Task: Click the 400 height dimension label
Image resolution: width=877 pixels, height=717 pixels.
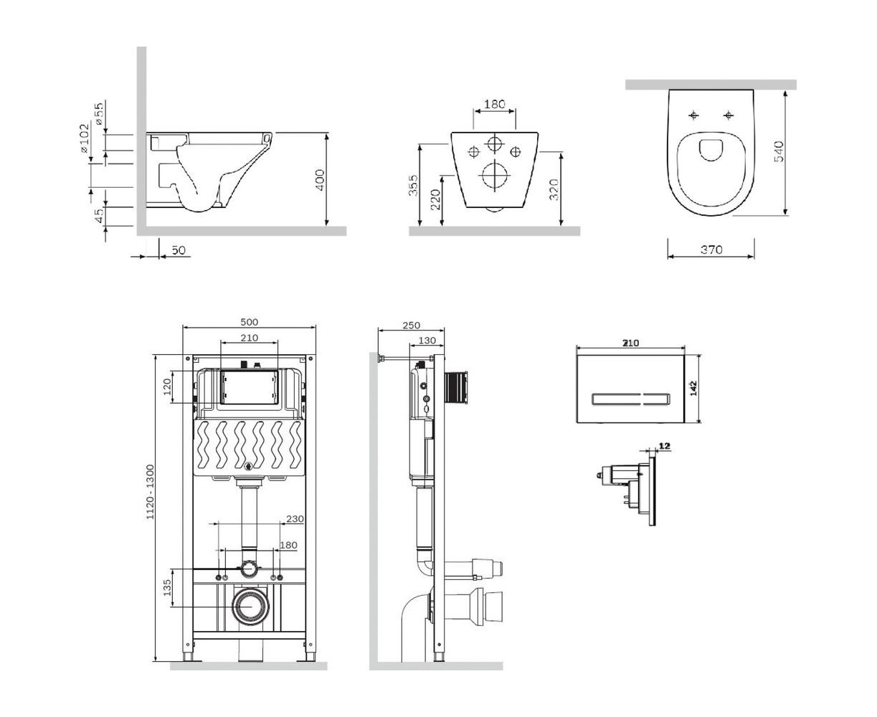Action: coord(320,180)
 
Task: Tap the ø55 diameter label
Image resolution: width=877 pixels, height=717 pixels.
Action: coord(98,114)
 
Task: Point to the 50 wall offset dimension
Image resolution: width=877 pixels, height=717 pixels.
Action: coord(179,250)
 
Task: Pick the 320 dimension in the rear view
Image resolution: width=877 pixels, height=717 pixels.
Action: coord(554,189)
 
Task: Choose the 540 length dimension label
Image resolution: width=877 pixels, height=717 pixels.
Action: coord(779,151)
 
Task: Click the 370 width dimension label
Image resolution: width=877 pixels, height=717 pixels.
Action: coord(711,250)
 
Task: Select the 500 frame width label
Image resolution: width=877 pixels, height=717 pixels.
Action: coord(249,322)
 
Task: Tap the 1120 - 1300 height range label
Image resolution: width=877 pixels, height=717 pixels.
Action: coord(150,492)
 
